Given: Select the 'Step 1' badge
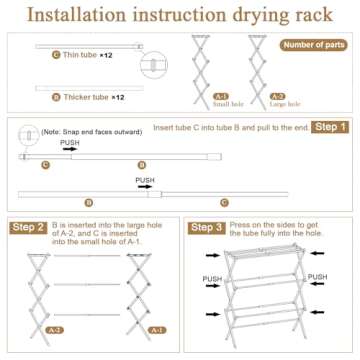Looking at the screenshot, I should pos(330,128).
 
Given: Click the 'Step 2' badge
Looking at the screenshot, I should pos(28,228).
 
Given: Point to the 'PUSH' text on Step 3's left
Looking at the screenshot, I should pos(212,279).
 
